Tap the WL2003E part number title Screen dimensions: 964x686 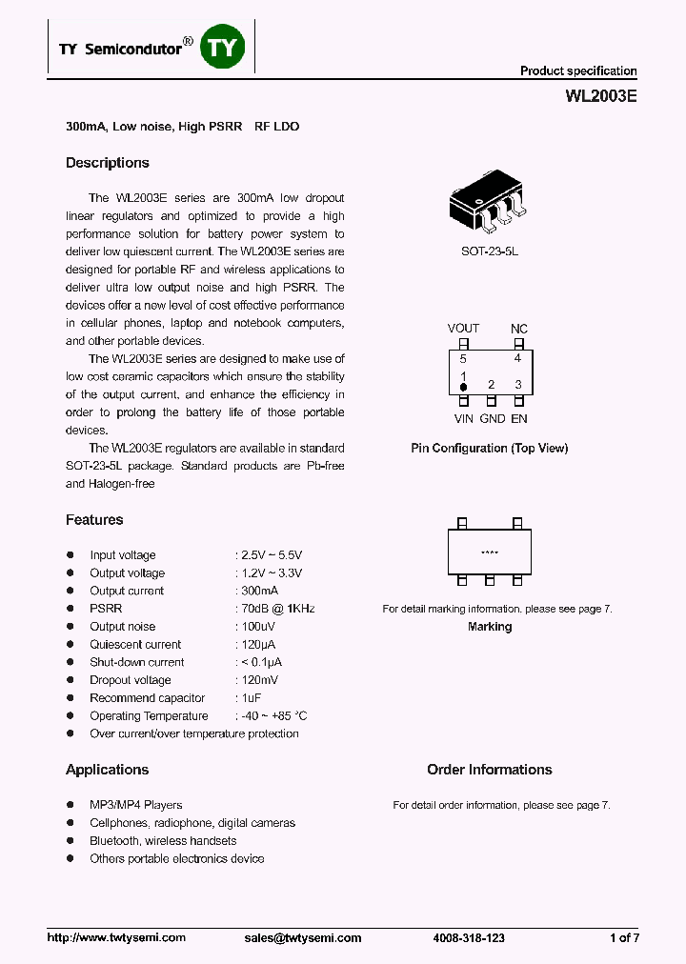pos(601,96)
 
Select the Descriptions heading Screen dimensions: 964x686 pos(108,163)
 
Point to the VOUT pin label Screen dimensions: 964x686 pos(464,329)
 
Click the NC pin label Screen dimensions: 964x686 pos(518,329)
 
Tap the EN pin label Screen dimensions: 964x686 pos(519,418)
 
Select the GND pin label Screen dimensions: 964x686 pos(492,418)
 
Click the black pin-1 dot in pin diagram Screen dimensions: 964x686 pos(464,387)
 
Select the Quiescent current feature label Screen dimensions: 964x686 pos(135,645)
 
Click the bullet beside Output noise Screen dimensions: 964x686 pos(70,627)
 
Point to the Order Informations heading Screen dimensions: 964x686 pos(489,770)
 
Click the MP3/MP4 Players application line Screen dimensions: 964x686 pos(135,805)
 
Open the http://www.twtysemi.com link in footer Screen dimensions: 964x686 pos(116,938)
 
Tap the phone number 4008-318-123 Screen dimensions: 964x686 pos(469,938)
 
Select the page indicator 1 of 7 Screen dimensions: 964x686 pos(624,938)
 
